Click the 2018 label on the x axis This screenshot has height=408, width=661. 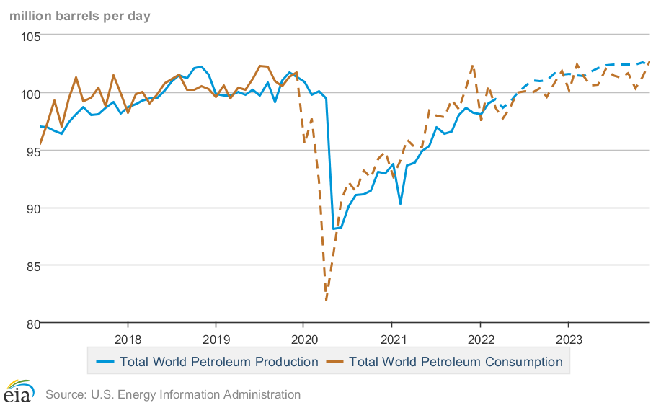[x=128, y=340]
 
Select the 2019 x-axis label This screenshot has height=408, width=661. [x=216, y=340]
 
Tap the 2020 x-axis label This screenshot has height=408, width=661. [x=303, y=340]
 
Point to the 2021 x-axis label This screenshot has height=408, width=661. [x=392, y=340]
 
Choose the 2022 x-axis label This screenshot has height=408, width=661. [x=480, y=340]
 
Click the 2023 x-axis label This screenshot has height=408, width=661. [x=568, y=340]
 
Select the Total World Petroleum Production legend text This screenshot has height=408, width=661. [x=218, y=362]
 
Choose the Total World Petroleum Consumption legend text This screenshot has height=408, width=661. [x=456, y=362]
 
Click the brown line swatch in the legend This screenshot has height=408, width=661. [x=334, y=362]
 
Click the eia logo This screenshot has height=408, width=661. [x=19, y=393]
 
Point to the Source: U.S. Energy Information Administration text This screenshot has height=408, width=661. [x=172, y=394]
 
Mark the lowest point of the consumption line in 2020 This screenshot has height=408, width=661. [x=326, y=300]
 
